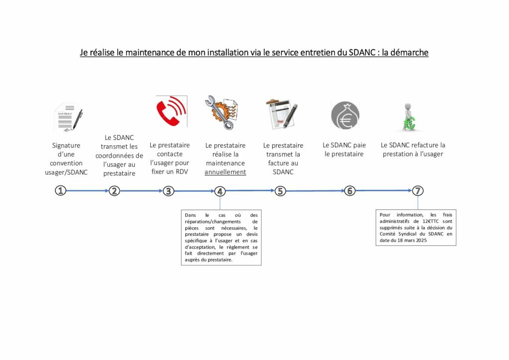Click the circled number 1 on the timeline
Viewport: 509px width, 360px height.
pos(60,190)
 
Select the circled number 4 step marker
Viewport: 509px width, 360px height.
pos(220,191)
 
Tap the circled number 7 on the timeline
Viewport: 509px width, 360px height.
pos(418,190)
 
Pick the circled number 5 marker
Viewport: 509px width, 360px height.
pos(280,191)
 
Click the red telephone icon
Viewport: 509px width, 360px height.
pos(170,112)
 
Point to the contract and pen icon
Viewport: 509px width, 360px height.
pos(68,118)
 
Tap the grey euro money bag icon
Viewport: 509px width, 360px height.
pos(345,115)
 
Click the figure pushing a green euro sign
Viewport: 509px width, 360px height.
pos(409,117)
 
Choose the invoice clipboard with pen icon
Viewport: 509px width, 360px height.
pos(281,115)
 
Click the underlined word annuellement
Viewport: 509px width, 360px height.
pos(225,172)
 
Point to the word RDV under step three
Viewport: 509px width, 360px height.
pos(181,172)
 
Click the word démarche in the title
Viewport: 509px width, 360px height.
pos(409,52)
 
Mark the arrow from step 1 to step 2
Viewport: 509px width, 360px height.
pos(87,190)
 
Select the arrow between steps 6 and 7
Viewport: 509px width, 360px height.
pos(384,190)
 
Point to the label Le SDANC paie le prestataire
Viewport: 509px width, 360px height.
pos(344,150)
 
